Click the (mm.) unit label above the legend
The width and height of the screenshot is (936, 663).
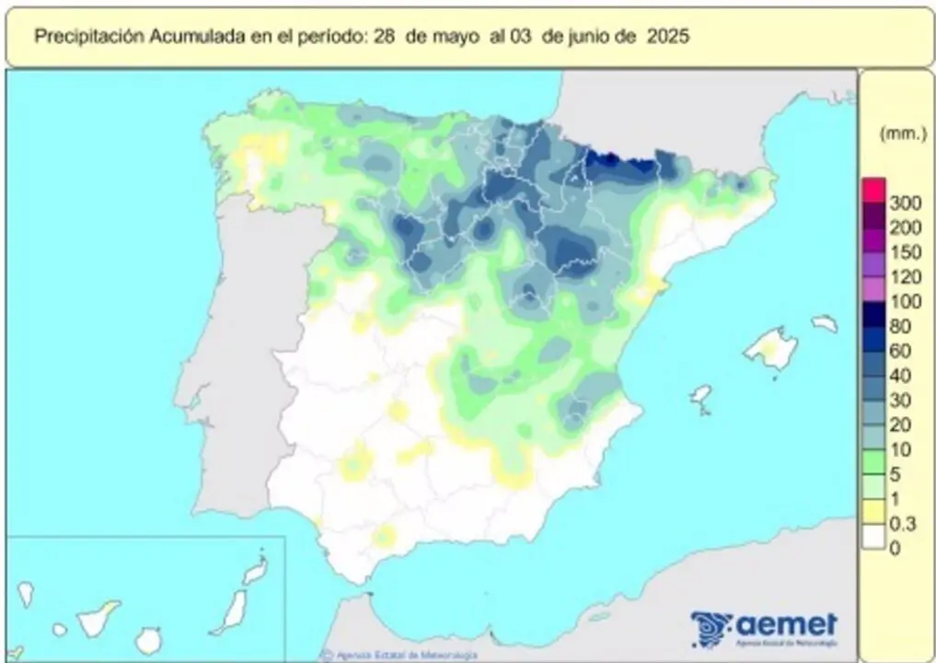(902, 134)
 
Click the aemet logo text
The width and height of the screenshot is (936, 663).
(787, 623)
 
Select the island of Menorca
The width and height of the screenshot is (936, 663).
(824, 323)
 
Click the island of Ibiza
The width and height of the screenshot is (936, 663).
(701, 397)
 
